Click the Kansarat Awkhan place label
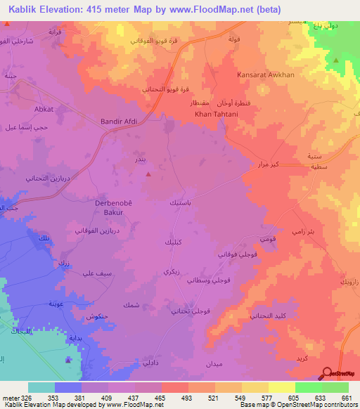(x=293, y=74)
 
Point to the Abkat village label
(x=44, y=110)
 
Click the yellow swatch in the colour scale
(x=281, y=387)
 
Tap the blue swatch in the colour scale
(x=68, y=387)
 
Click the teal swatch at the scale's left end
(x=41, y=387)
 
